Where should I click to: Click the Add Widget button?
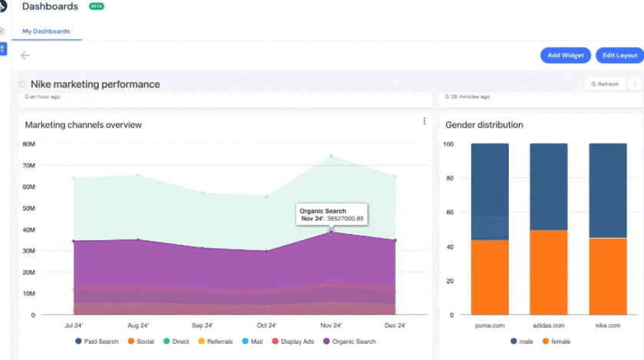click(565, 55)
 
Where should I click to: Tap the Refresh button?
click(604, 84)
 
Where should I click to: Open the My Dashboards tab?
click(46, 31)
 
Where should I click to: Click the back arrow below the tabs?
click(25, 55)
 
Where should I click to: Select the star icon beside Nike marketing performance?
click(22, 84)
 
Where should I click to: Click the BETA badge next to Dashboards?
click(97, 6)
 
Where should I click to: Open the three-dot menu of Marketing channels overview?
click(424, 121)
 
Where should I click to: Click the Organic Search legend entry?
click(349, 342)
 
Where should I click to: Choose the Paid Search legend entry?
click(97, 342)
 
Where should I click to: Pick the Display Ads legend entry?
click(292, 342)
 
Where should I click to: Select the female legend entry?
click(557, 342)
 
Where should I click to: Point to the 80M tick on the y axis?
click(28, 144)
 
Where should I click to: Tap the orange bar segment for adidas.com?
click(548, 272)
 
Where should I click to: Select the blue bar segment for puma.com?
click(489, 192)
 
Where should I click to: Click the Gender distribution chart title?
click(484, 124)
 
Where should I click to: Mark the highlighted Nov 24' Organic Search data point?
click(331, 232)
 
